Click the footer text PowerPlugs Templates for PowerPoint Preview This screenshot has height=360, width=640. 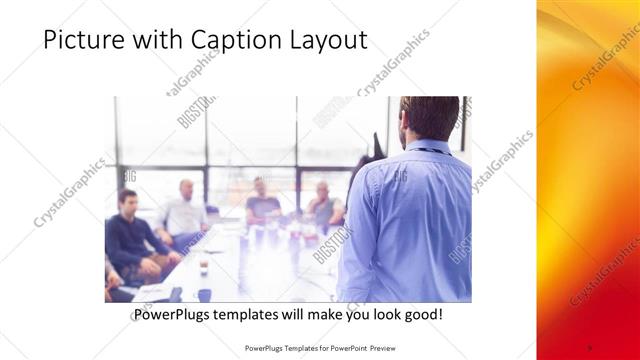pyautogui.click(x=320, y=348)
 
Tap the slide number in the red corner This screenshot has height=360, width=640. pyautogui.click(x=590, y=348)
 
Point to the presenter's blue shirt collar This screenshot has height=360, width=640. pyautogui.click(x=426, y=147)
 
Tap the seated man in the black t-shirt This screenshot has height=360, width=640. pyautogui.click(x=262, y=202)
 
